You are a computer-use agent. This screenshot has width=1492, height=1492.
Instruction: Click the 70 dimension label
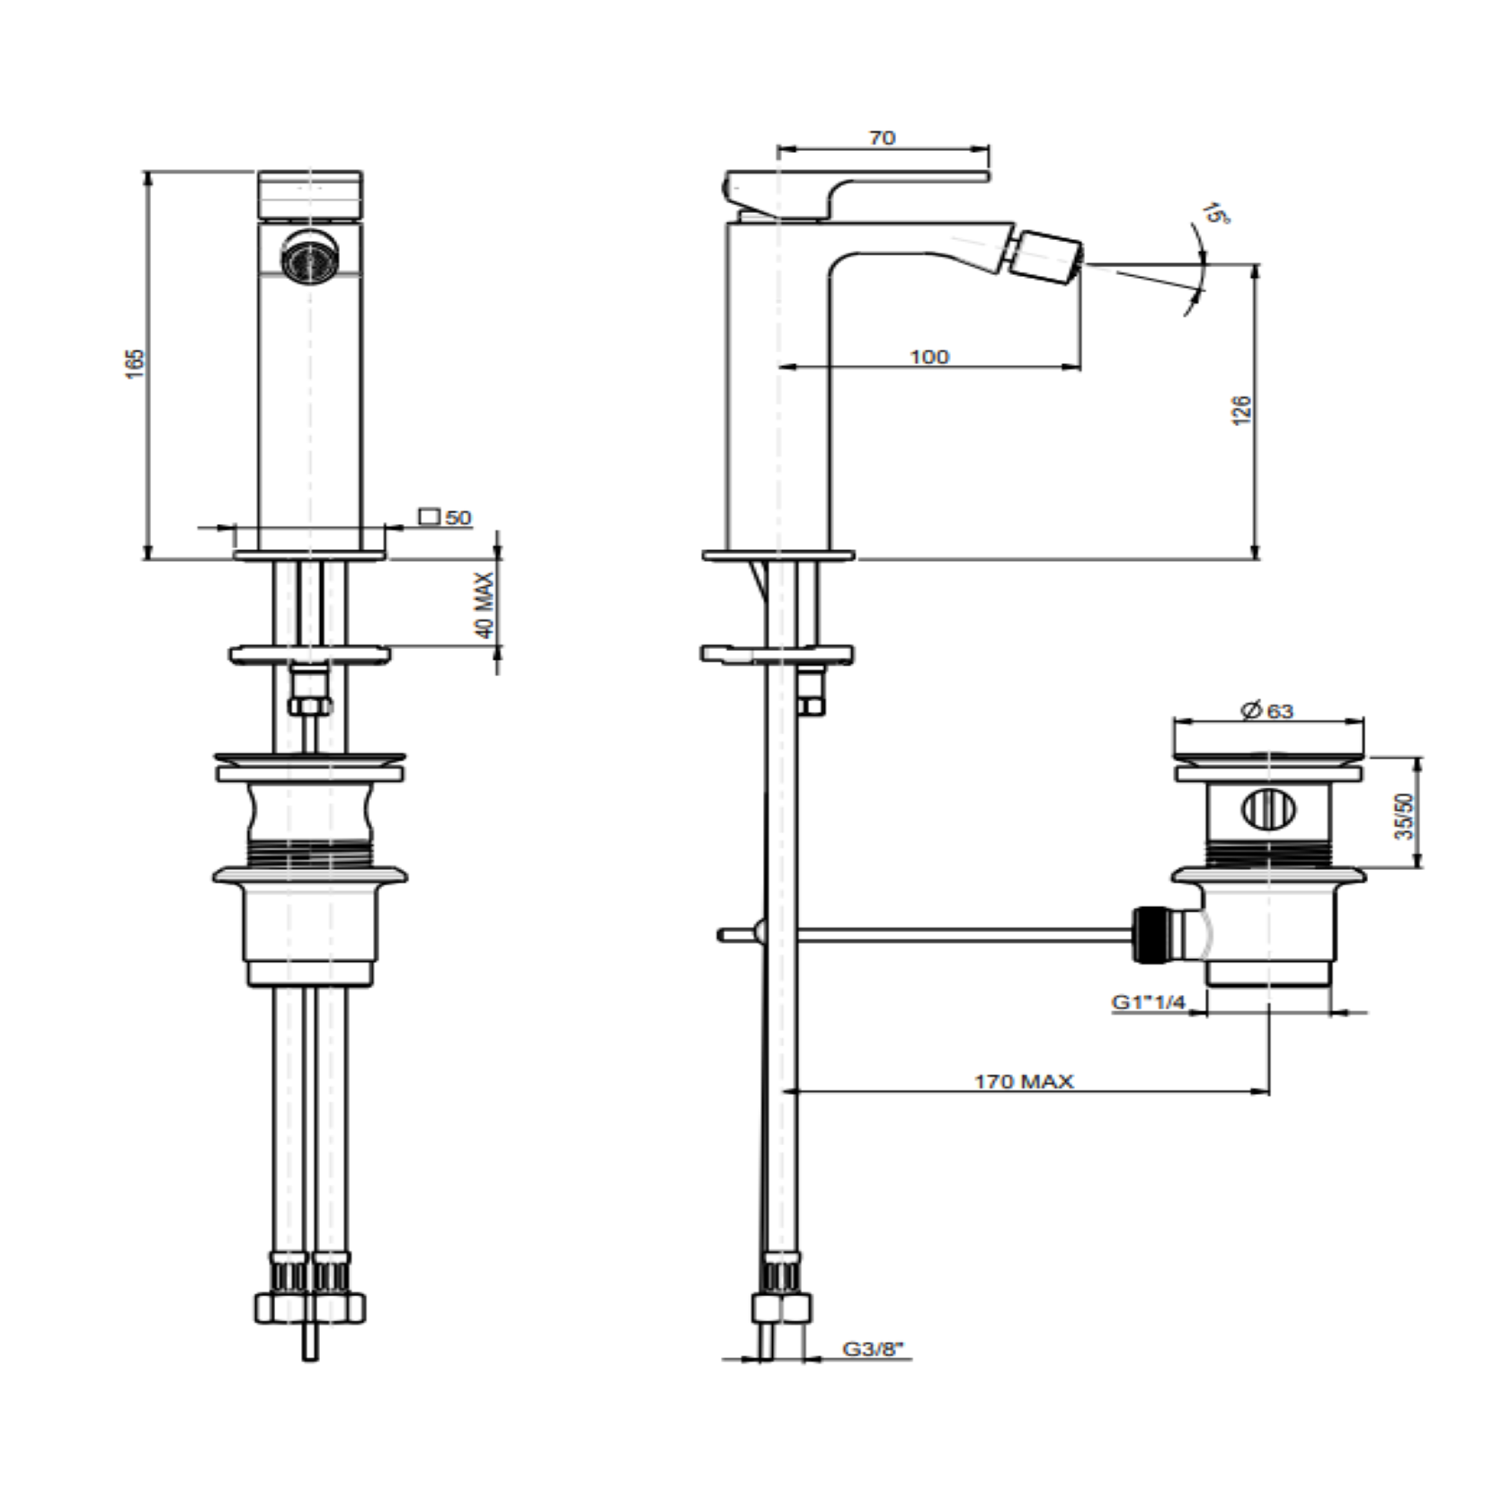[x=882, y=138]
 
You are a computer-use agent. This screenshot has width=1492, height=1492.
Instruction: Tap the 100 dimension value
[x=928, y=357]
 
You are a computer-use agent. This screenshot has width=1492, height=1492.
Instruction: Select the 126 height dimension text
[x=1241, y=410]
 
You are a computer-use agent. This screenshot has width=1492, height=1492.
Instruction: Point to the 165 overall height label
[x=134, y=363]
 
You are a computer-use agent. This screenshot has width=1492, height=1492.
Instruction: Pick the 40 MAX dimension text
[x=484, y=605]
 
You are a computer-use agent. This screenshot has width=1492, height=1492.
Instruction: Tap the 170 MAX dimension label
[x=1024, y=1081]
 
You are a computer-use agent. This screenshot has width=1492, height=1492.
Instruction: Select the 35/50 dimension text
[x=1404, y=815]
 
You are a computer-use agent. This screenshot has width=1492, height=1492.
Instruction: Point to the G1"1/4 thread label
[x=1149, y=1002]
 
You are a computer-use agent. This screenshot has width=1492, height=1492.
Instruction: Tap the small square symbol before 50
[x=430, y=517]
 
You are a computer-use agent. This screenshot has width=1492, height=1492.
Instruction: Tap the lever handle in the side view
[x=855, y=191]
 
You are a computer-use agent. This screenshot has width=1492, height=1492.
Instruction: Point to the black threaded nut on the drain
[x=1148, y=935]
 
